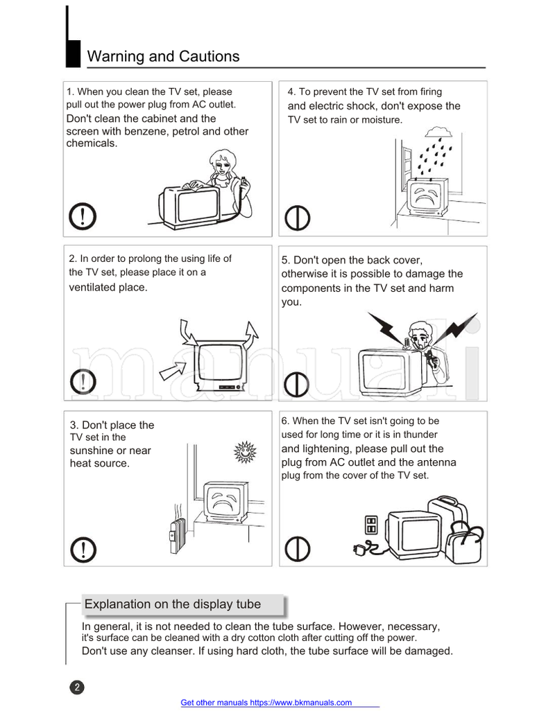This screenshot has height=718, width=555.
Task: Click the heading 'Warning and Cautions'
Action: click(163, 57)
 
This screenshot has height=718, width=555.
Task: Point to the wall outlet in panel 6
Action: click(371, 524)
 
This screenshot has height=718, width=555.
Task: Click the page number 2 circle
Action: click(77, 688)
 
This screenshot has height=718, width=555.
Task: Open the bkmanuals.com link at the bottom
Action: click(266, 703)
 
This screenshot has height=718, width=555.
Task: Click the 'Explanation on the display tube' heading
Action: click(173, 604)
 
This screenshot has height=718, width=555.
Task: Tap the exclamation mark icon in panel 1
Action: click(83, 218)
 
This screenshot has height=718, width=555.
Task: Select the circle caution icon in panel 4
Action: click(298, 218)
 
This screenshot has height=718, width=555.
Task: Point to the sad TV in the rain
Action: click(427, 199)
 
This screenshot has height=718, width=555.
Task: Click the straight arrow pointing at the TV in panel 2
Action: click(173, 370)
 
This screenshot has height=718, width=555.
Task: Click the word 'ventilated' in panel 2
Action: click(92, 287)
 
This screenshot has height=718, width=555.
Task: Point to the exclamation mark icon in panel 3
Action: click(83, 550)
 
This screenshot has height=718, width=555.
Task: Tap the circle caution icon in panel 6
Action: click(298, 550)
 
